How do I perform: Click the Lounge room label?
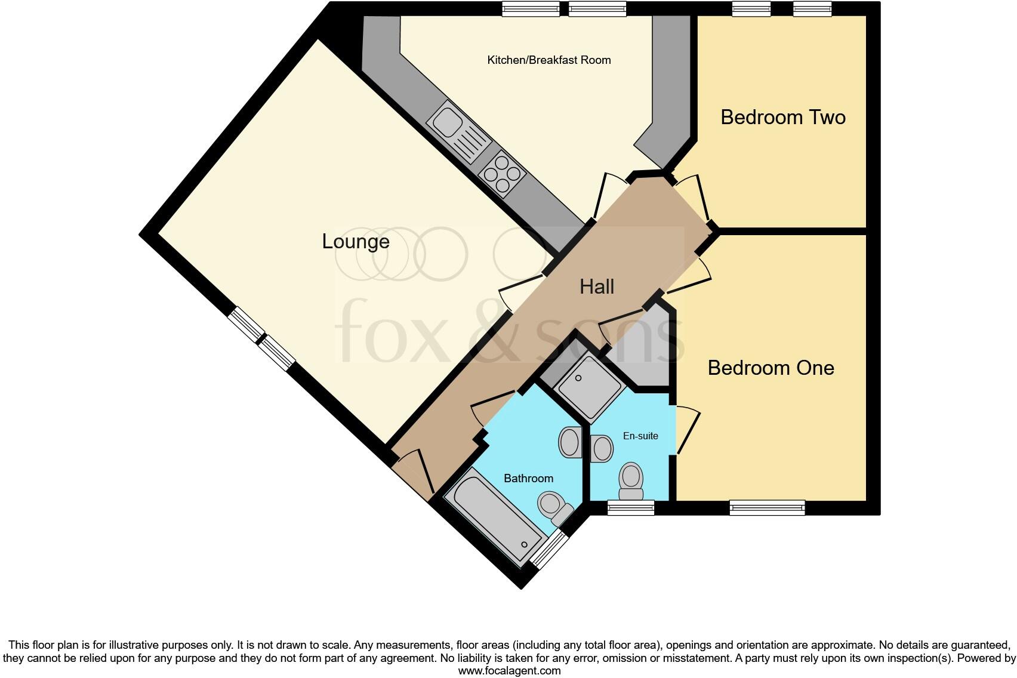[356, 242]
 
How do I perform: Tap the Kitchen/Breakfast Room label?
[548, 60]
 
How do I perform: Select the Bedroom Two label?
[782, 117]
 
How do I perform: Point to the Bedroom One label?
[771, 368]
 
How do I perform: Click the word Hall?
[596, 287]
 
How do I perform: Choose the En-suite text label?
[640, 436]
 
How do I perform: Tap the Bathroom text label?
[528, 479]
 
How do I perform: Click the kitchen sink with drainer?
[458, 131]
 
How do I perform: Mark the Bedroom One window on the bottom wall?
[767, 509]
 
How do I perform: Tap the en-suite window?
[631, 509]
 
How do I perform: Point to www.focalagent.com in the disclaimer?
[509, 671]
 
